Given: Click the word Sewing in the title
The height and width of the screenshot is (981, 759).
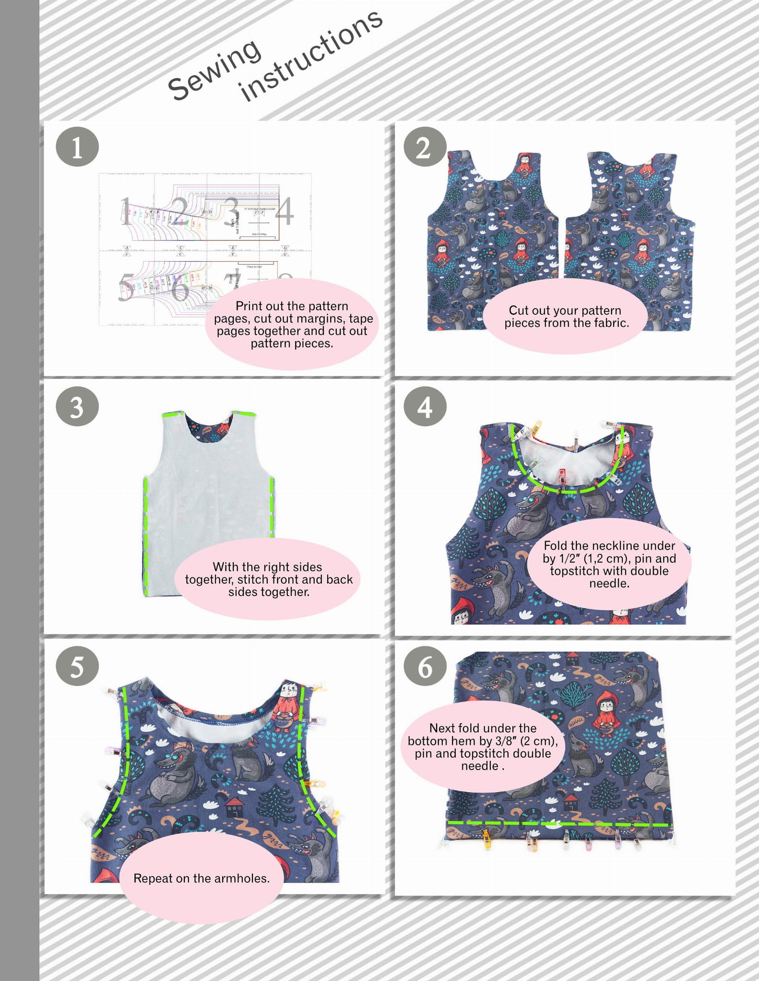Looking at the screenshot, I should pos(214,69).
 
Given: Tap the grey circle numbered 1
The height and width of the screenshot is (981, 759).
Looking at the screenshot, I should pos(77,147).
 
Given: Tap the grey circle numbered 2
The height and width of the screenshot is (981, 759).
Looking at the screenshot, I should pos(425,147).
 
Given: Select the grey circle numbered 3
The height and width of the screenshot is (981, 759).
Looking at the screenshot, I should pos(77,407).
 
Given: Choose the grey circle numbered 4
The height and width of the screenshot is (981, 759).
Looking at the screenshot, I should pos(425,407).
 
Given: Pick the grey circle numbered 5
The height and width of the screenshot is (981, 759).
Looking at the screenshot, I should pos(77,666).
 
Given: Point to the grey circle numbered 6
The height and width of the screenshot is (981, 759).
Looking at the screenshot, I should pos(425,666).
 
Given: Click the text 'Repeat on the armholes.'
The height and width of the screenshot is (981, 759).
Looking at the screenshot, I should pos(202,878).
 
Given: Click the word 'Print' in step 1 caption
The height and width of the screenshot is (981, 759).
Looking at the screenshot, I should pos(248,306).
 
